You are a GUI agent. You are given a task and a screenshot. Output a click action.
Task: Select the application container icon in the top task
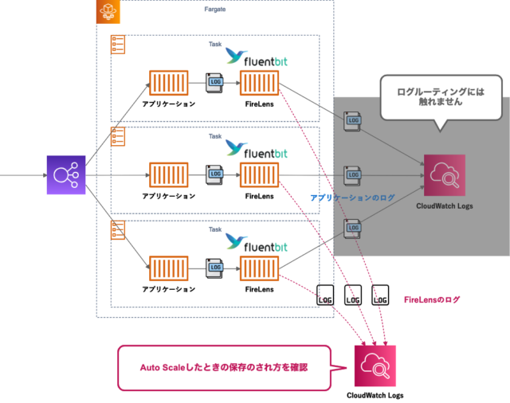pos(168,83)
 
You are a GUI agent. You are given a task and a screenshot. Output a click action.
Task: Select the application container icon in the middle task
pos(168,174)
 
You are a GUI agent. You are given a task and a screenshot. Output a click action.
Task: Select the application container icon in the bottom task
pos(168,267)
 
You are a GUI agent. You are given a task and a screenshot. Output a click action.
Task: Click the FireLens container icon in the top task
pos(259,83)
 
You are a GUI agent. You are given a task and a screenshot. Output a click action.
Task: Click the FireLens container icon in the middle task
pos(259,174)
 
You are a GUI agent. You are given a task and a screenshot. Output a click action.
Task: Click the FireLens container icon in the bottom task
pos(259,267)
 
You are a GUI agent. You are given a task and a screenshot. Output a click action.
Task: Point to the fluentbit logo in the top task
pos(256,56)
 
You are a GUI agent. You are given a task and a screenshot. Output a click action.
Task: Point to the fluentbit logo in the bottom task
pos(256,241)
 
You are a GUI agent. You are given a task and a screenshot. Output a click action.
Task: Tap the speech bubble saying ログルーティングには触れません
pos(440,97)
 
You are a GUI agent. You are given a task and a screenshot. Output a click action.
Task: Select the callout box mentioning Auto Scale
pos(223,367)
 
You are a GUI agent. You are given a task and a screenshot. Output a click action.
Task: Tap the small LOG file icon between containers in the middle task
pos(214,174)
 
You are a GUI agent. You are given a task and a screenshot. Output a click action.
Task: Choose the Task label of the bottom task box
pos(215,229)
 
